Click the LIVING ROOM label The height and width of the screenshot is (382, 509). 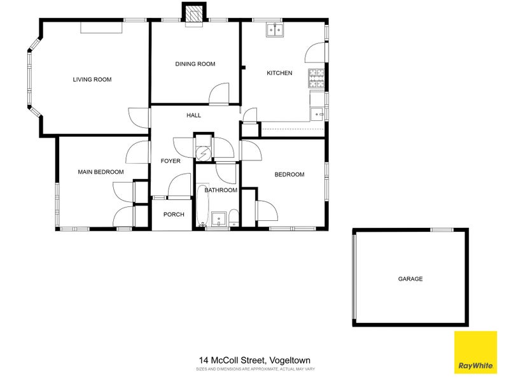pos(92,80)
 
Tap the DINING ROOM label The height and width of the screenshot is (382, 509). pos(195,64)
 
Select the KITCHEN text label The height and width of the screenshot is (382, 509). pos(279,73)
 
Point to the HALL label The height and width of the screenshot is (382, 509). pos(193,115)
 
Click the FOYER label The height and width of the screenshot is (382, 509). pos(171,161)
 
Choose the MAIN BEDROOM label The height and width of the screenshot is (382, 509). pos(101,172)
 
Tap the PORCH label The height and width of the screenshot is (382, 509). pos(174,215)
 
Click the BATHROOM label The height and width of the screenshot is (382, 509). pos(221,190)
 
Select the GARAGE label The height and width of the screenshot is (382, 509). pos(410,279)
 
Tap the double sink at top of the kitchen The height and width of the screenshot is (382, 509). pos(275,30)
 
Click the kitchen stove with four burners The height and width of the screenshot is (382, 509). pos(316,78)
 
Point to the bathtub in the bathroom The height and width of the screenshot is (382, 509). pos(202,206)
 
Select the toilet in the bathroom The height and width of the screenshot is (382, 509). pos(234,218)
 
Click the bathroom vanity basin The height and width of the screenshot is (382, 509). pos(220,218)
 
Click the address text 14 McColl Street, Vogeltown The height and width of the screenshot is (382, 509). pos(254,360)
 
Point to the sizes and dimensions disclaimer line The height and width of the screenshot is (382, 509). pos(254,369)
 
